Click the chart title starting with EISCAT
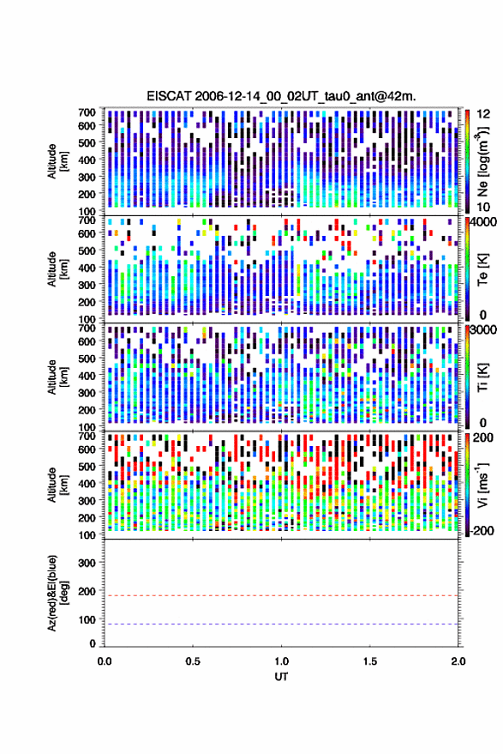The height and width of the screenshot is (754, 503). point(281,96)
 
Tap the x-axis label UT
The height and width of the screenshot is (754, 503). point(281,677)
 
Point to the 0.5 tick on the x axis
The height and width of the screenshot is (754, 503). point(193,661)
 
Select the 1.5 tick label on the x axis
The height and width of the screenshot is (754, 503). point(370,661)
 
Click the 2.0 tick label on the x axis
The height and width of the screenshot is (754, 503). point(458,661)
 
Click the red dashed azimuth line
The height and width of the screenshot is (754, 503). point(281,595)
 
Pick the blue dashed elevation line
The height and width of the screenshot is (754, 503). point(281,624)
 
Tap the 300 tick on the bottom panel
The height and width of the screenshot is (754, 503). point(87,563)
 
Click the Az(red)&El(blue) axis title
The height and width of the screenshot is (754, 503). point(57,593)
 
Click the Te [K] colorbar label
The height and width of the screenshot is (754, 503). point(482,269)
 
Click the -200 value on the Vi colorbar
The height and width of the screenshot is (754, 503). point(482,531)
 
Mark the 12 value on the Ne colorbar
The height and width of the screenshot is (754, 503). point(483,114)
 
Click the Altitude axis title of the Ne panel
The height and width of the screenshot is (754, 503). point(57,161)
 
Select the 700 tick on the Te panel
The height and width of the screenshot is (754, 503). point(87,220)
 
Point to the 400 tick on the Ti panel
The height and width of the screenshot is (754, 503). point(87,375)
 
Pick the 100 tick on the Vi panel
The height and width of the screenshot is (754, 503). point(87,534)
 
